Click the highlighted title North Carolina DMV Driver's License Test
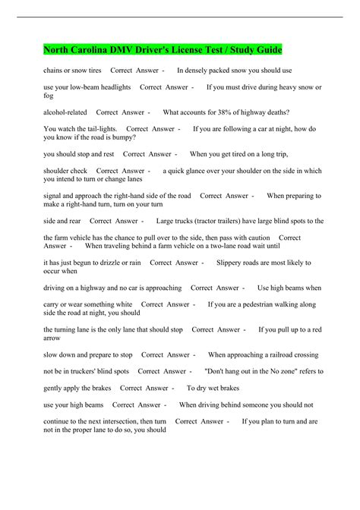163,50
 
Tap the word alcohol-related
65,112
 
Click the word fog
49,96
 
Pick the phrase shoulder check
65,171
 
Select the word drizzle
109,263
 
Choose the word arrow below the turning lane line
52,338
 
